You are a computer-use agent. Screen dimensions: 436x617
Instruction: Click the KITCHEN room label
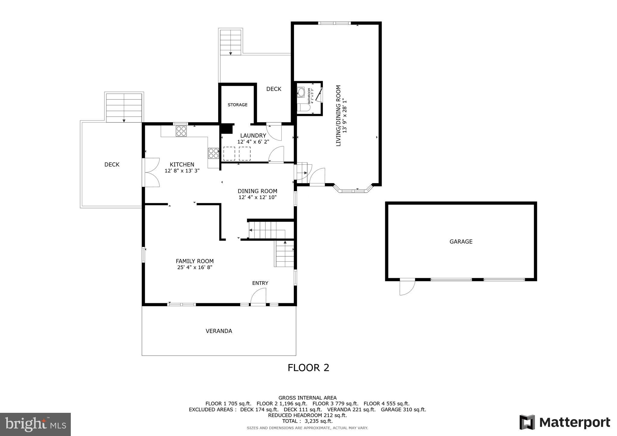coord(182,164)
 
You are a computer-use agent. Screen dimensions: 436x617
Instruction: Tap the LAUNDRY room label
coord(253,135)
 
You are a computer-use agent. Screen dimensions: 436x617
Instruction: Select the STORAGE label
coord(237,105)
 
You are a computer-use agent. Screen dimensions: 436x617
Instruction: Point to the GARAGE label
coord(461,241)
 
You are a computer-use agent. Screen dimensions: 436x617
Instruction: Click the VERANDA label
coord(219,331)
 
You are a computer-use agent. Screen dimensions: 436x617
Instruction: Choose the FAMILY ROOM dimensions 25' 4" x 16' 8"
coord(195,267)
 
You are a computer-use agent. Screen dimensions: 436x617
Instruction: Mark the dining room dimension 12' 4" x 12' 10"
coord(257,198)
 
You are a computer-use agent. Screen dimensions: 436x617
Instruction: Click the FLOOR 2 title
coord(308,368)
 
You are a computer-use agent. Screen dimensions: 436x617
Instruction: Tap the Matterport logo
coord(565,422)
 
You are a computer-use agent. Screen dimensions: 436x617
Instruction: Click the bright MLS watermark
coord(35,424)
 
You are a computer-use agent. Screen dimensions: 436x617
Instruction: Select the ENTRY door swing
coord(258,297)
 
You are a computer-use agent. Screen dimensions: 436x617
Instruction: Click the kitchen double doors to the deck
coord(152,172)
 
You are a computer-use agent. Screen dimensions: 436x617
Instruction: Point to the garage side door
coord(407,288)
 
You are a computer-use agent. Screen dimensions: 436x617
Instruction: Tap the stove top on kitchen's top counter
coord(181,131)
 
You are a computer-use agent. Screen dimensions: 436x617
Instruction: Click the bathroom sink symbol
coord(301,92)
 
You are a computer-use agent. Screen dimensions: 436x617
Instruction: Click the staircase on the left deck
coord(124,107)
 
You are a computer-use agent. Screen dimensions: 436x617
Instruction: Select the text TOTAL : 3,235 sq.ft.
coord(307,421)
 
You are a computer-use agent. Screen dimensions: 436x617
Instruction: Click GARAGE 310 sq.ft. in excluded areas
coord(403,410)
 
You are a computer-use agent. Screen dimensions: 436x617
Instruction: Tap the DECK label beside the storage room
coord(274,89)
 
